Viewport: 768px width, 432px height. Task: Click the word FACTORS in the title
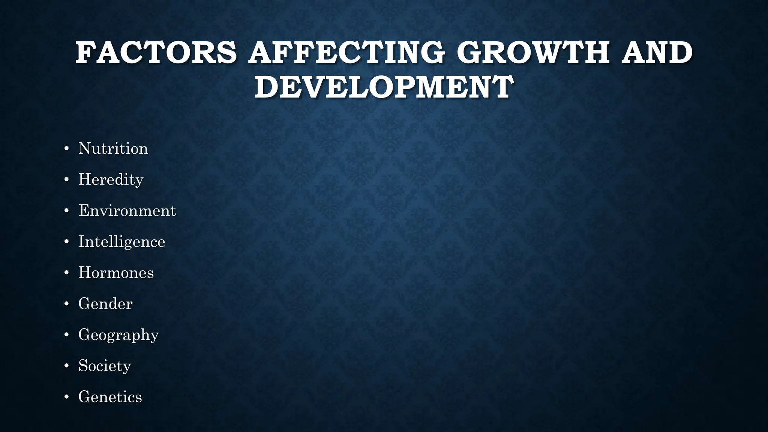coord(156,53)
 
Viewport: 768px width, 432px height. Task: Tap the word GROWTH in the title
coord(532,53)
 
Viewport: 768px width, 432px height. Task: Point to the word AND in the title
coord(657,53)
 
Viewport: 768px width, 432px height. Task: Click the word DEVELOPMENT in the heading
coord(384,87)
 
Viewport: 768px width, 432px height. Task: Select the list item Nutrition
coord(113,148)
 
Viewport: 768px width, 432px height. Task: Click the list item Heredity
coord(111,180)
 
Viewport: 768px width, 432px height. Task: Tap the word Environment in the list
coord(127,211)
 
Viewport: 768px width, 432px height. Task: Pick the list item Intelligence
coord(121,242)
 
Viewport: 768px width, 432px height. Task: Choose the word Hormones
coord(116,273)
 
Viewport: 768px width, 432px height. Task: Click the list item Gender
coord(105,304)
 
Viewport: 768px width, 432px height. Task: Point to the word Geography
coord(118,335)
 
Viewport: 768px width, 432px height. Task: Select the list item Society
coord(105,366)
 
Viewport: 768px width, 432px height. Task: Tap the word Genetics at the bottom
coord(110,397)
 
